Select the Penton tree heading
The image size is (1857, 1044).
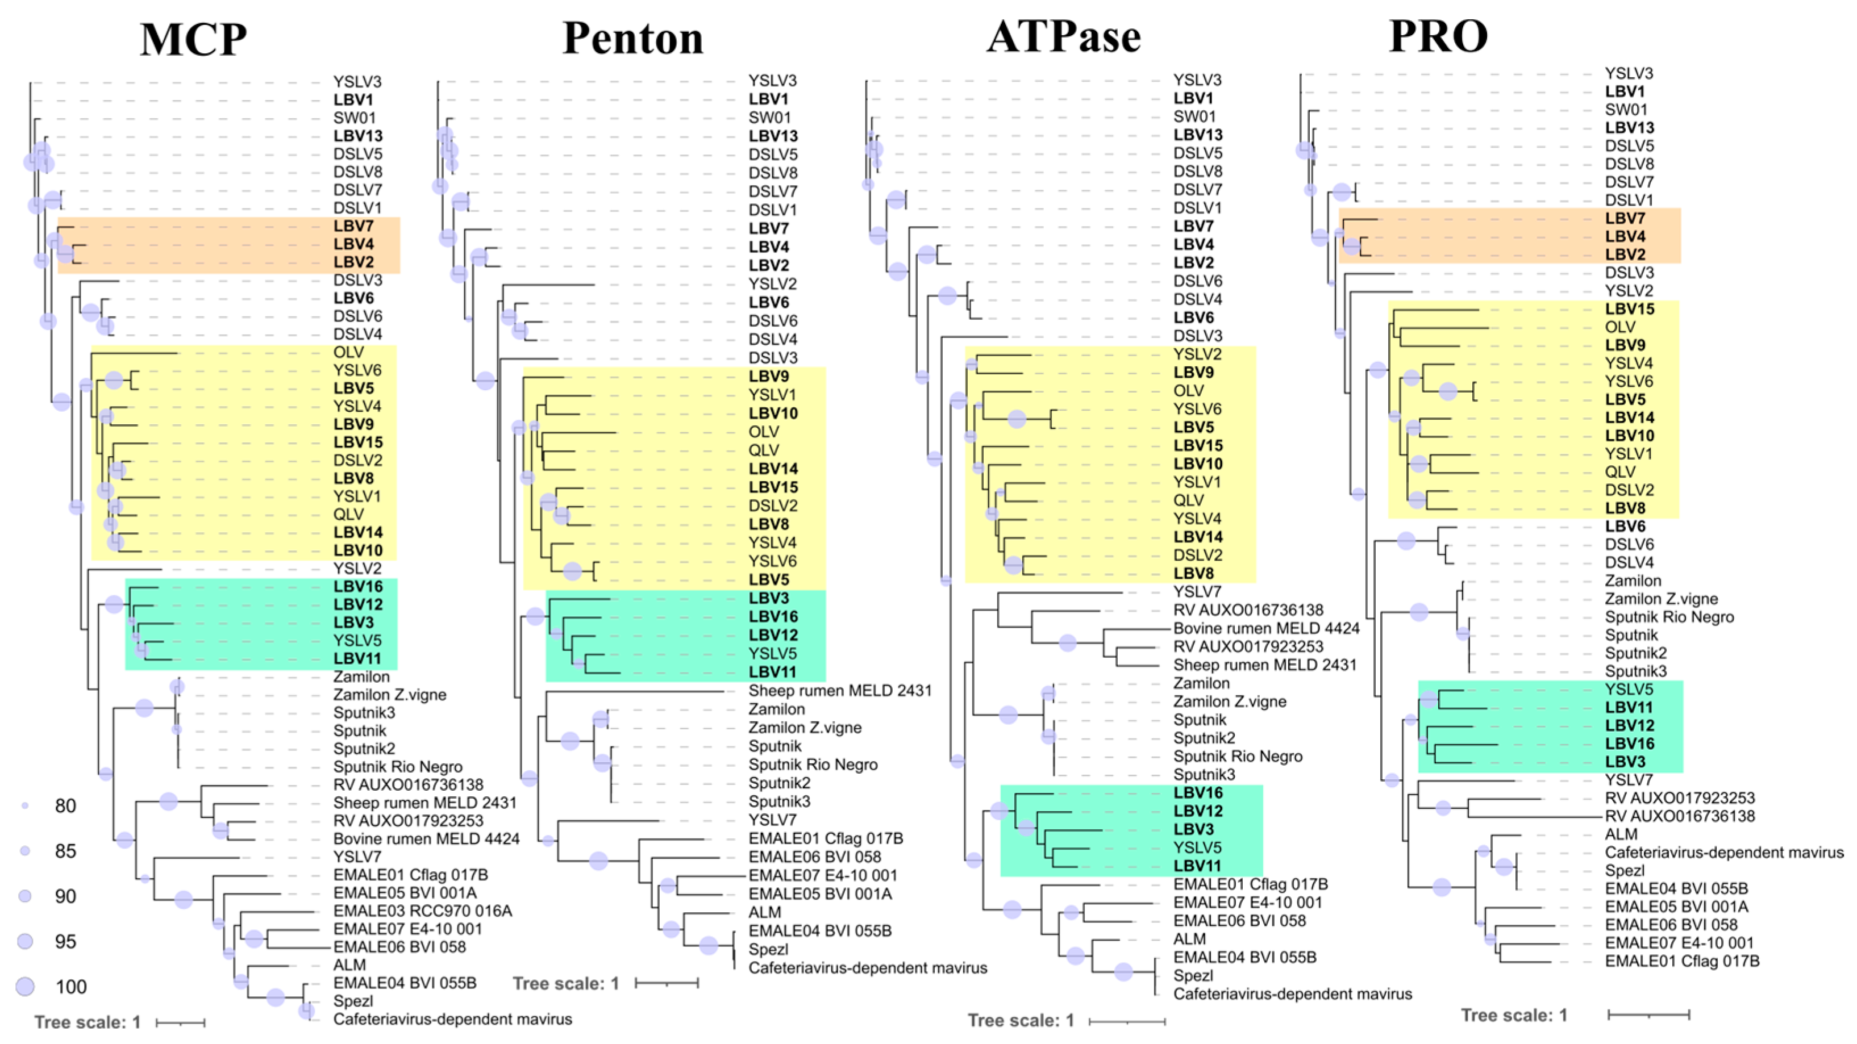(x=632, y=37)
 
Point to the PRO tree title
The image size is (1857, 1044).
(x=1438, y=36)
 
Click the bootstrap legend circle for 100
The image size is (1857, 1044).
(x=25, y=987)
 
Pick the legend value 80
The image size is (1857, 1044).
(x=65, y=805)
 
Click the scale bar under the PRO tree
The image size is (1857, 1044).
(x=1648, y=1014)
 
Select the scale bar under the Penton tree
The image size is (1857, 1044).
(x=667, y=983)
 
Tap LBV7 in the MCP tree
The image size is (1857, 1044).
(x=353, y=226)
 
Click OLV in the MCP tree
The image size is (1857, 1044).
(x=348, y=352)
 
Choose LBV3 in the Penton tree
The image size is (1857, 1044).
(x=769, y=598)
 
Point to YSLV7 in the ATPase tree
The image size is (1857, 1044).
(x=1197, y=591)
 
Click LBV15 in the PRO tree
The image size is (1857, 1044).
(x=1630, y=309)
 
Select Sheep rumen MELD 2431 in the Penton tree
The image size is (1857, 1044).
(x=840, y=691)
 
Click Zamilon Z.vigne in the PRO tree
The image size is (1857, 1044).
(x=1661, y=599)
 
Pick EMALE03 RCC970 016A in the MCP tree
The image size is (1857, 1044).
(x=422, y=911)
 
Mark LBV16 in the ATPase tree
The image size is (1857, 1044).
(x=1198, y=792)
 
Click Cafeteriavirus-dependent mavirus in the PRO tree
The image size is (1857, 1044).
(x=1723, y=853)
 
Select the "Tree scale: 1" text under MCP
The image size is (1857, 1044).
(x=88, y=1022)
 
